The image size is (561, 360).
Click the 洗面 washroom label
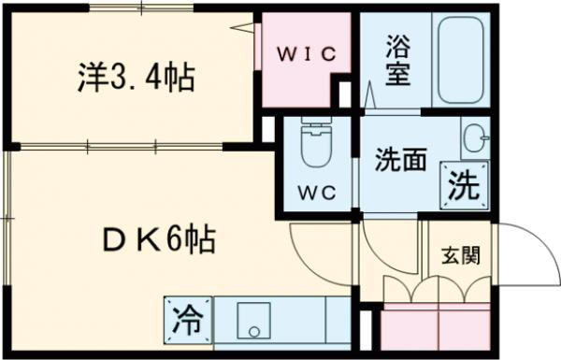tap(401, 159)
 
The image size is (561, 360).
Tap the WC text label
tap(311, 194)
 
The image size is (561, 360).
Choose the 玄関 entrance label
tap(460, 254)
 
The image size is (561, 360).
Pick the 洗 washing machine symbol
tap(462, 184)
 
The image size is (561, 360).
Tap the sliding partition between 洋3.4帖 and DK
tap(131, 146)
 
